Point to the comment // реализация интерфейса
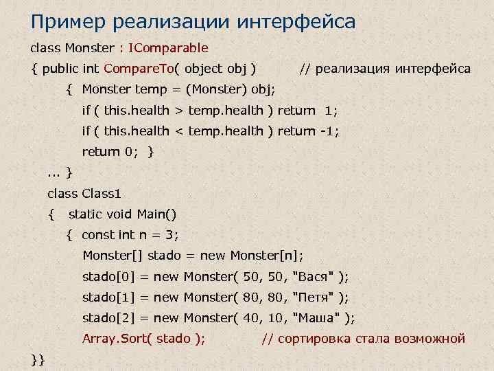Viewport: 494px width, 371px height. [385, 69]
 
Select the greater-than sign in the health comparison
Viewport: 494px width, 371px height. [178, 111]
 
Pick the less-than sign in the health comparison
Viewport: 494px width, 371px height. [178, 131]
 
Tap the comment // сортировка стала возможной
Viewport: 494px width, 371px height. [364, 339]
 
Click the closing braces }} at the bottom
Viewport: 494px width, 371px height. [38, 359]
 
